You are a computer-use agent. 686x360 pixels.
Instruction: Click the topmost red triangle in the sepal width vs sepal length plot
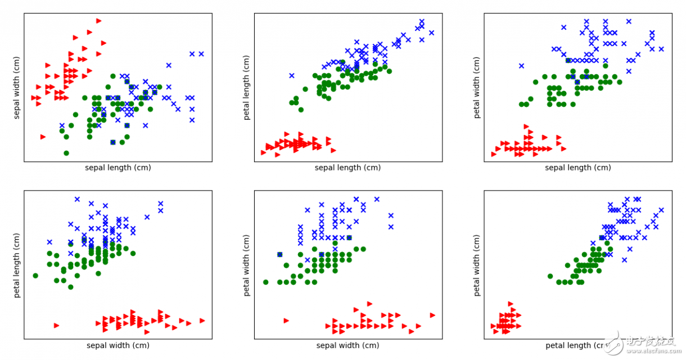point(98,21)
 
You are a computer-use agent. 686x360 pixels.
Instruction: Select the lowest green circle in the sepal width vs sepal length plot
point(66,153)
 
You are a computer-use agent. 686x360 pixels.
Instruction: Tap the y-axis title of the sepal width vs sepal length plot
point(16,87)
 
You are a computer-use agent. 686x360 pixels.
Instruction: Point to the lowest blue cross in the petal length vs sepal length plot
point(292,75)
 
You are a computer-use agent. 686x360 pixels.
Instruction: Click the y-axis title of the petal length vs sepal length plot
point(246,87)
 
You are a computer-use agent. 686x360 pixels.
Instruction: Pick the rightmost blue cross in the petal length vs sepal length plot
point(431,33)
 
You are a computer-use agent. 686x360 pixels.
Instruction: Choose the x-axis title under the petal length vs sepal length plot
point(347,168)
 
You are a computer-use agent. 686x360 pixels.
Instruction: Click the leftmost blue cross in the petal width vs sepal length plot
point(521,66)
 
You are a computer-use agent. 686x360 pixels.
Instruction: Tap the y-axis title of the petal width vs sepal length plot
point(477,87)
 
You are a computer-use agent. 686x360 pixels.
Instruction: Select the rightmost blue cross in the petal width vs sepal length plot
point(661,49)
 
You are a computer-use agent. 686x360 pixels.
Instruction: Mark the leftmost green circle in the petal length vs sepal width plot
point(35,276)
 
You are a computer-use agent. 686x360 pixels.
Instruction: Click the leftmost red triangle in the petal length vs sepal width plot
point(56,325)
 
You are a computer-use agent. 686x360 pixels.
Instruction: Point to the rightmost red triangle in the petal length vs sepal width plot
point(202,321)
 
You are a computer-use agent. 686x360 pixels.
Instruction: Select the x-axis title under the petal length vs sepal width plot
point(118,345)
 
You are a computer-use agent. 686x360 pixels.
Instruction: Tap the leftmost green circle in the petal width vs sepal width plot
point(266,282)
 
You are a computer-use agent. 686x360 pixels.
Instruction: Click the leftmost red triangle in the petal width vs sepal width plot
point(286,321)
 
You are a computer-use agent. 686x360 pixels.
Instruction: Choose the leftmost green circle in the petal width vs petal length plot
point(550,276)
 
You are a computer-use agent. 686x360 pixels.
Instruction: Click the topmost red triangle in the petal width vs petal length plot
point(511,304)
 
